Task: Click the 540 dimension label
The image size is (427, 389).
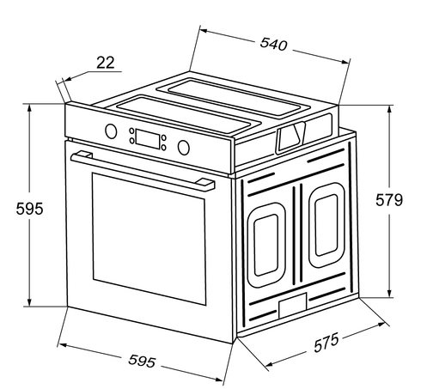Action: coord(273,45)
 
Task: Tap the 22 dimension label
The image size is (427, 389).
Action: coord(106,63)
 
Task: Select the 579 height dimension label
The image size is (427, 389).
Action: coord(389,200)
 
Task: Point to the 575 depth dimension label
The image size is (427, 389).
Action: coord(326,343)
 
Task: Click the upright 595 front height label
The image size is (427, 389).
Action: coord(29,209)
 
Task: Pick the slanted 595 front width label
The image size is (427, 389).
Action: coord(142,361)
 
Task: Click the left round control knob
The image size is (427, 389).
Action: coord(111,131)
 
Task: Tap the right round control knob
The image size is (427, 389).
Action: coord(183,147)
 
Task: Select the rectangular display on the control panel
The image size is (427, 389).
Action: coord(148,139)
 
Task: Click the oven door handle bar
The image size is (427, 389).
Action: coord(143,171)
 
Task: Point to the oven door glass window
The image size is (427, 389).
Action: coord(149,239)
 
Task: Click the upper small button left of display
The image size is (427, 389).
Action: coord(131,131)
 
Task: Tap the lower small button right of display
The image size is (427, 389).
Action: coord(163,148)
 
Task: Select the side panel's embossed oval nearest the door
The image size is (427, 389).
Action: coord(266,246)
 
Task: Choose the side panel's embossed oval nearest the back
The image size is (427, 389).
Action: coord(326,225)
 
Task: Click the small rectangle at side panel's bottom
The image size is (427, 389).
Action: coord(292,306)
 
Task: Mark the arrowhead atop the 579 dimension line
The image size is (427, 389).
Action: coord(389,110)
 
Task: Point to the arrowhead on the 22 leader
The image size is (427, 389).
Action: coord(68,79)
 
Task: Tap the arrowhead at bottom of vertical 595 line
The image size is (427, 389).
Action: coord(29,301)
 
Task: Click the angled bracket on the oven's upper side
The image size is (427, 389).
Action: coord(290,137)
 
